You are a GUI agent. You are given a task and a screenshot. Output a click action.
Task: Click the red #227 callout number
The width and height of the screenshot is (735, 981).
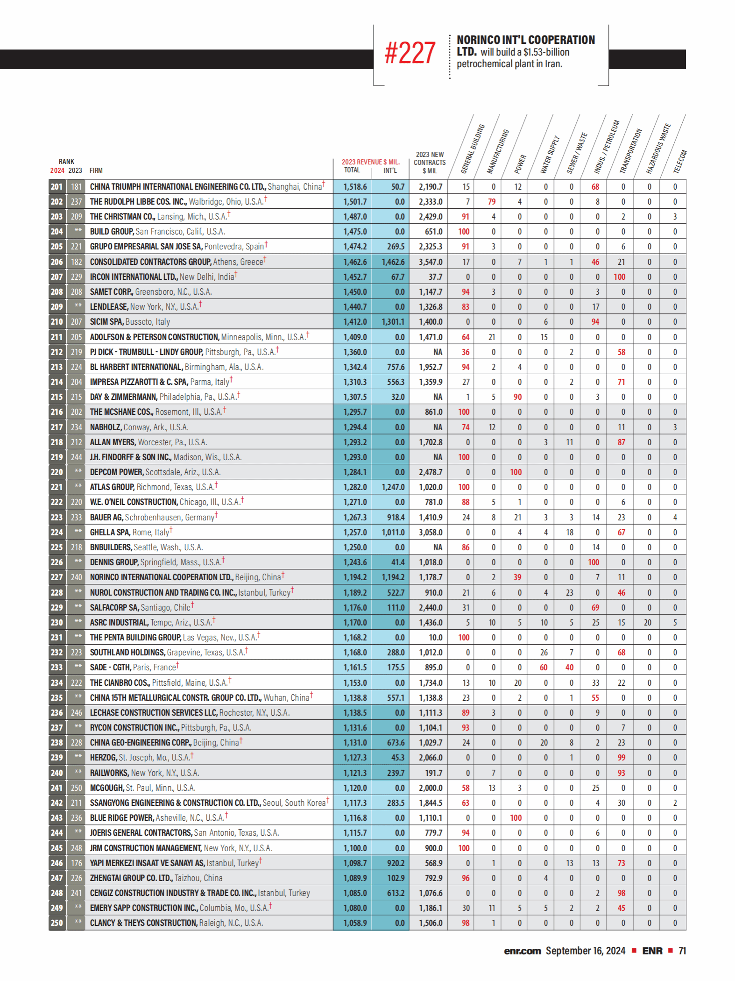(410, 53)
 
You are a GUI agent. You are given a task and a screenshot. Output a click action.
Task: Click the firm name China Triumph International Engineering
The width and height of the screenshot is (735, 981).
(177, 187)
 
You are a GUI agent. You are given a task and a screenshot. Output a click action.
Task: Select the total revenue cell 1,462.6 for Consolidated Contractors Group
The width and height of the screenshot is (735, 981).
(355, 262)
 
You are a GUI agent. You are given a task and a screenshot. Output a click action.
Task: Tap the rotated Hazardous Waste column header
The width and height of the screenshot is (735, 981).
(658, 149)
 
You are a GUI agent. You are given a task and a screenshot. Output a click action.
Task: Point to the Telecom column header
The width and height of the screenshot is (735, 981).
(680, 162)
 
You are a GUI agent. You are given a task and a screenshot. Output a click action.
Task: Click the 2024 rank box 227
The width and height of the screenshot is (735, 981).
(57, 577)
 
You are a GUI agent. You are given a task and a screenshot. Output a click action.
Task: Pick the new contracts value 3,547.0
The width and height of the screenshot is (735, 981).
(430, 262)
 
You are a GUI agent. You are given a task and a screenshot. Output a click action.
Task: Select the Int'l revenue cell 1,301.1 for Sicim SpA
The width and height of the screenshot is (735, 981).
(393, 322)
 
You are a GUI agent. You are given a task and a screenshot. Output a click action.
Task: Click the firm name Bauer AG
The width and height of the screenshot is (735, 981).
(106, 518)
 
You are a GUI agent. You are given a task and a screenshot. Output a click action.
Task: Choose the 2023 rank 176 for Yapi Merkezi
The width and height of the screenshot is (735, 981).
(76, 863)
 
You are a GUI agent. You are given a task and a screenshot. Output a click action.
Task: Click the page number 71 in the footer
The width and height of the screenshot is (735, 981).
(682, 951)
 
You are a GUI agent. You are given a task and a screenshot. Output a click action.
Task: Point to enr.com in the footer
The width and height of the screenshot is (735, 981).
(522, 951)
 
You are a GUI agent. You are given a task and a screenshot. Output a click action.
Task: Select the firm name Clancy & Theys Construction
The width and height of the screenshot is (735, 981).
(143, 923)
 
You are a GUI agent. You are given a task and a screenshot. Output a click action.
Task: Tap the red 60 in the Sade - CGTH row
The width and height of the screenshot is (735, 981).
(544, 668)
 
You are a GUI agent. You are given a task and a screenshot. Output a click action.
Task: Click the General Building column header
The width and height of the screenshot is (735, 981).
(473, 149)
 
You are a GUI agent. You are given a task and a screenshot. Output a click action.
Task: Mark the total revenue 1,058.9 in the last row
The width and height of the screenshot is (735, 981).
(355, 923)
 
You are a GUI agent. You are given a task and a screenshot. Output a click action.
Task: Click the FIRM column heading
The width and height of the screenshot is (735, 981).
(96, 171)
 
